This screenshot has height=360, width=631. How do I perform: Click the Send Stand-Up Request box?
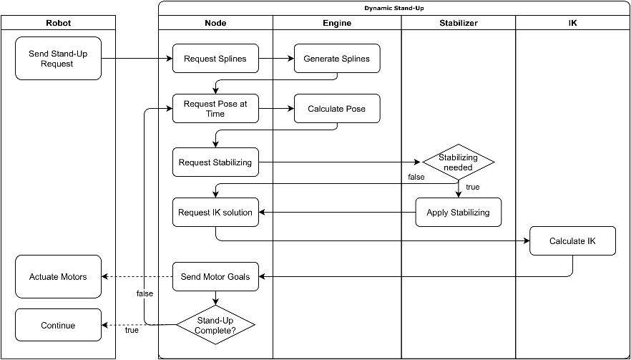coord(59,59)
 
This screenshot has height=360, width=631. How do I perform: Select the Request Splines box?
coord(216,59)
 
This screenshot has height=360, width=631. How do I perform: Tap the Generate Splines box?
coord(337,59)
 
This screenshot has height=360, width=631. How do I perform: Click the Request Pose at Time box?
coord(216,109)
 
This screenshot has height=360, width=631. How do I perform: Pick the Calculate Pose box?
coord(337,109)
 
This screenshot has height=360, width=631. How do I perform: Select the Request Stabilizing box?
coord(216,162)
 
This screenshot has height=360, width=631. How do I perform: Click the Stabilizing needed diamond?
coord(458,162)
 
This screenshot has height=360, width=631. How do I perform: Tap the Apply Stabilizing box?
coord(459,213)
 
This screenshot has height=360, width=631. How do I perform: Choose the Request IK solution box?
coord(216,213)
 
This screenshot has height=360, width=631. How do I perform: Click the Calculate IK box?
coord(572,240)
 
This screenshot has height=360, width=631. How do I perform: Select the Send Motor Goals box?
coord(216,277)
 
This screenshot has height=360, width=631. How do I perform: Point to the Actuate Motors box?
coord(59,277)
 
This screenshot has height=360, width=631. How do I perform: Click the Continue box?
coord(59,325)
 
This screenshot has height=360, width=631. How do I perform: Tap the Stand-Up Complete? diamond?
coord(216,325)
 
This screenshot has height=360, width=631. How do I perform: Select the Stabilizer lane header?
coord(459,23)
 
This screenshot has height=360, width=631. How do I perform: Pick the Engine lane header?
coord(337,23)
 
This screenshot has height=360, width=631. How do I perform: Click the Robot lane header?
coord(59,23)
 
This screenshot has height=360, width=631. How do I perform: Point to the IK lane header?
coord(572,23)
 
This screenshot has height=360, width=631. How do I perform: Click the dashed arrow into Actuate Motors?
coord(137,277)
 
